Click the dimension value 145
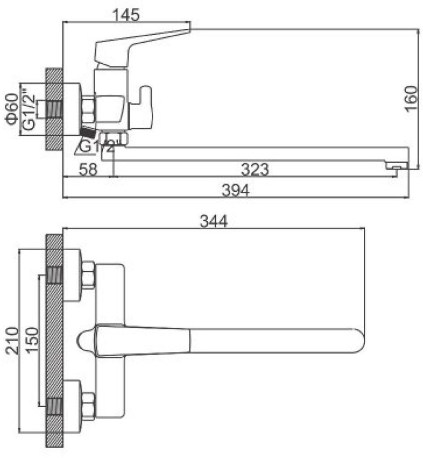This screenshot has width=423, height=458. pyautogui.click(x=126, y=15)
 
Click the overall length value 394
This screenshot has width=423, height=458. pyautogui.click(x=236, y=190)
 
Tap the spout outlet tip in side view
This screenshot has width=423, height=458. pyautogui.click(x=397, y=166)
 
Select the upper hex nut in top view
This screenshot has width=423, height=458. pyautogui.click(x=88, y=275)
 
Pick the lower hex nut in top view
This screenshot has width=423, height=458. pyautogui.click(x=88, y=406)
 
